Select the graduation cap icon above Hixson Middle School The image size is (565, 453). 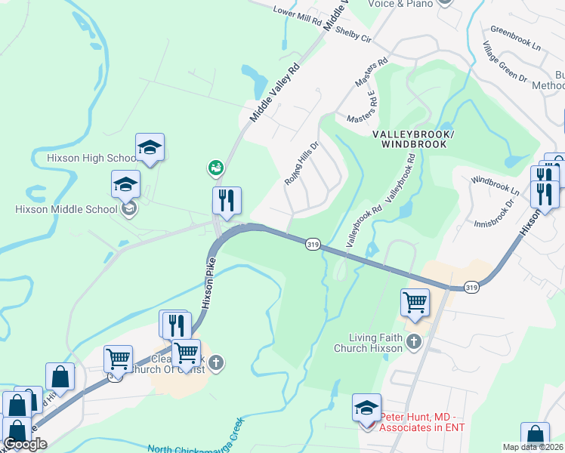(126, 184)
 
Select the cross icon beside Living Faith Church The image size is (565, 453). (413, 343)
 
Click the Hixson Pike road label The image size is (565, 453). (209, 280)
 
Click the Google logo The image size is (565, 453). (25, 444)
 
